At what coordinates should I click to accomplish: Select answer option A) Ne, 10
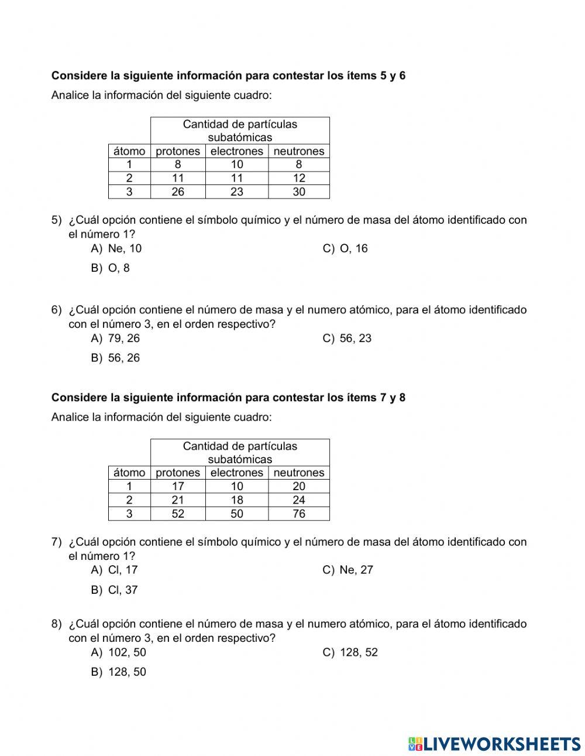[x=116, y=248]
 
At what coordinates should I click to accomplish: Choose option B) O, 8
[x=111, y=268]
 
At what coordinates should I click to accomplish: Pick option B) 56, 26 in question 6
[x=116, y=358]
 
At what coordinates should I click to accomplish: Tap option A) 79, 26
[x=116, y=338]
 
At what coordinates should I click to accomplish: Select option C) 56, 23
[x=347, y=338]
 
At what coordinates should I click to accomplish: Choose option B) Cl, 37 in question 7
[x=115, y=590]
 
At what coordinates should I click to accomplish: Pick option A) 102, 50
[x=119, y=652]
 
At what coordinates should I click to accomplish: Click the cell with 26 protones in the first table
[x=178, y=191]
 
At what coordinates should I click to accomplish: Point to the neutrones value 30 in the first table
[x=299, y=191]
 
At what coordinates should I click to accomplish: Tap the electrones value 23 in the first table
[x=237, y=191]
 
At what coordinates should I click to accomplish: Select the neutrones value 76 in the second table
[x=299, y=514]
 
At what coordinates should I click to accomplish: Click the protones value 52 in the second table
[x=178, y=514]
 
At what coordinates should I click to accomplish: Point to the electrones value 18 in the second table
[x=237, y=500]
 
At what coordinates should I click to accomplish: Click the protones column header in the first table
[x=178, y=151]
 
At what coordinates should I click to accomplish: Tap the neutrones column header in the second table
[x=299, y=473]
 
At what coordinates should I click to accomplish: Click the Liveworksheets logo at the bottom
[x=494, y=744]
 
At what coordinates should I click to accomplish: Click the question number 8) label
[x=56, y=624]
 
